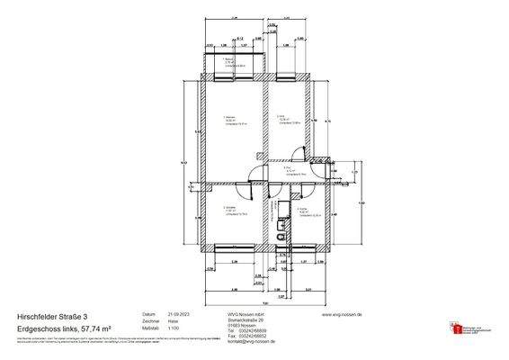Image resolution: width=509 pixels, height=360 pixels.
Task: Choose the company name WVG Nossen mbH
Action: (x=220, y=314)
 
